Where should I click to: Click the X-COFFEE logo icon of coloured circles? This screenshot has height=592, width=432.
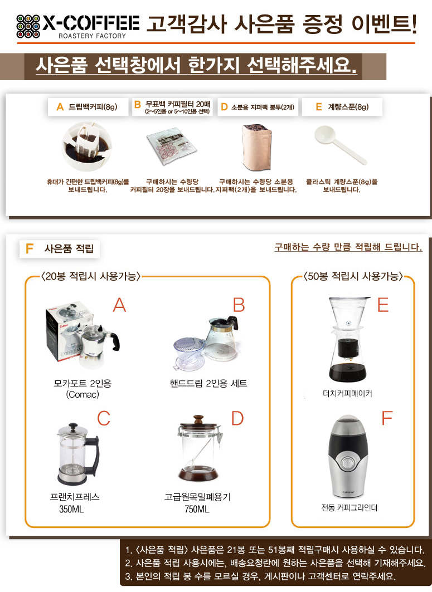point(28,26)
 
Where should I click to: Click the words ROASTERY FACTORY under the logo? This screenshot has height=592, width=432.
point(92,36)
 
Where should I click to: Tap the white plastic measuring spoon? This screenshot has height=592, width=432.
point(340,144)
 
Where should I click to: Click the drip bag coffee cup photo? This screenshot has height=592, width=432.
point(87,146)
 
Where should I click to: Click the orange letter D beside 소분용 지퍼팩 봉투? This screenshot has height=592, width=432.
point(224,107)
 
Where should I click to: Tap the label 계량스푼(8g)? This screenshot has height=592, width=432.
point(348,107)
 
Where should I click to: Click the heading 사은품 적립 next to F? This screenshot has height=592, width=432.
point(69,248)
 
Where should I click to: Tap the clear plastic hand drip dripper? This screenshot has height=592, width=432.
point(188,353)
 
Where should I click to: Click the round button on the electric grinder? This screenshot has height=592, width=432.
point(347,463)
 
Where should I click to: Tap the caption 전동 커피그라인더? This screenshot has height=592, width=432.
point(350,508)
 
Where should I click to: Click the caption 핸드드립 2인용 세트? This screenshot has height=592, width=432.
point(208,384)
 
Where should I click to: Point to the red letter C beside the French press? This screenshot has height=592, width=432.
point(104,418)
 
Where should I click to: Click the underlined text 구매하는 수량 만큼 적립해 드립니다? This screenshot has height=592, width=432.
point(348,247)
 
